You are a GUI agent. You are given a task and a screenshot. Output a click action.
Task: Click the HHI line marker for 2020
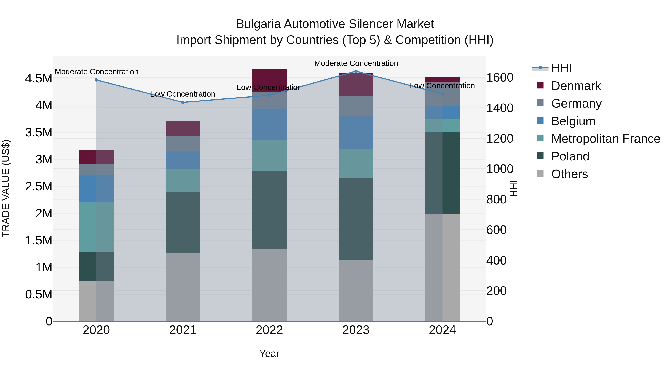(96, 80)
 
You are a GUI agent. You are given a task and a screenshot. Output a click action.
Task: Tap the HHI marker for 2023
(356, 71)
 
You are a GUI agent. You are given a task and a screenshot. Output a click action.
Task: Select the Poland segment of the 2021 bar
(183, 222)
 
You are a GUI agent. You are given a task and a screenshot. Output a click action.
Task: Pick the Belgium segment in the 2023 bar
(356, 133)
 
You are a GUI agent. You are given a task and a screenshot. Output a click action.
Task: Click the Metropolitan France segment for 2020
(96, 227)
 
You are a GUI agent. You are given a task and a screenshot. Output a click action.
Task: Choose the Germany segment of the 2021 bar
(183, 143)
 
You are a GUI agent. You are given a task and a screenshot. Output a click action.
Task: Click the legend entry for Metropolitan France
(605, 139)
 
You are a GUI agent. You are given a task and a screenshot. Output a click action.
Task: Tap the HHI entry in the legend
(561, 68)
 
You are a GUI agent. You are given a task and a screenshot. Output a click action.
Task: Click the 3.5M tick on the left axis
(39, 132)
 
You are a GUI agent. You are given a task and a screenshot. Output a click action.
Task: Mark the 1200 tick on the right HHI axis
(500, 139)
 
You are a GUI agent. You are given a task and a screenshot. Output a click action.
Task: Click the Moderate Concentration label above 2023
(356, 63)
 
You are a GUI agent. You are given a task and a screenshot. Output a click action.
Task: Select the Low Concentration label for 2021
(183, 94)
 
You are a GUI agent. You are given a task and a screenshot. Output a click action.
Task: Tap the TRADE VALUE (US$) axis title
(6, 188)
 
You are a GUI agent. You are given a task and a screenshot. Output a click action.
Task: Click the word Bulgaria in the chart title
(258, 24)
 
